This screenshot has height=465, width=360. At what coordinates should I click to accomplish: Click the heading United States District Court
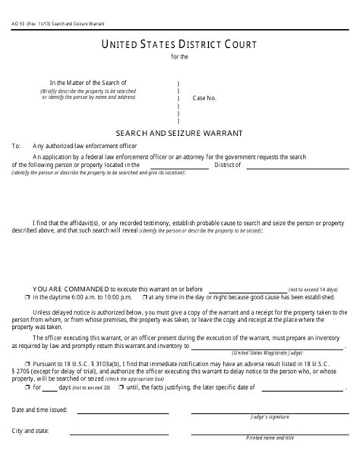(x=180, y=45)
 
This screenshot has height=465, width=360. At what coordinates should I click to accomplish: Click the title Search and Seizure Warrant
(x=180, y=131)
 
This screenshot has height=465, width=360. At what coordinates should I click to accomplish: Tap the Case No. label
(x=205, y=99)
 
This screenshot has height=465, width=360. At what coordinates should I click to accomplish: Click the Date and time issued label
(x=39, y=410)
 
